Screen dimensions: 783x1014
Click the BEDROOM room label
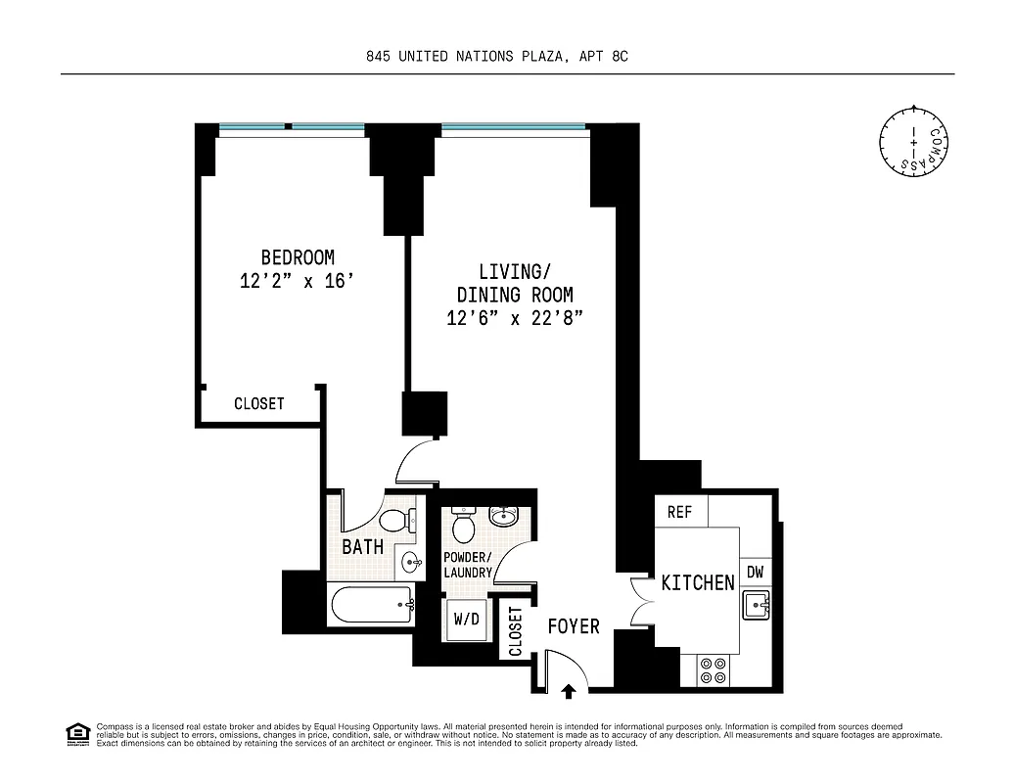298,257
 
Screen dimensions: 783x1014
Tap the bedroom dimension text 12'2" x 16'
296,282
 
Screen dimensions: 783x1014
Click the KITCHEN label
698,582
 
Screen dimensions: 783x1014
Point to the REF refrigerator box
680,512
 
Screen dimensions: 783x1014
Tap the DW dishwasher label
756,573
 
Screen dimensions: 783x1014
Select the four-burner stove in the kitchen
714,669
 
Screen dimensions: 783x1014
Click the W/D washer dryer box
465,620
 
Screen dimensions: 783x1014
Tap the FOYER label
574,626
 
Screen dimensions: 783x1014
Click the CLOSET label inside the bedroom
259,404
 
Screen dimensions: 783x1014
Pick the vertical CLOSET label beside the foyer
515,632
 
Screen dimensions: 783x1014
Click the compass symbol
913,142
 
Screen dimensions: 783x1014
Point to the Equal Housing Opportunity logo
75,733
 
